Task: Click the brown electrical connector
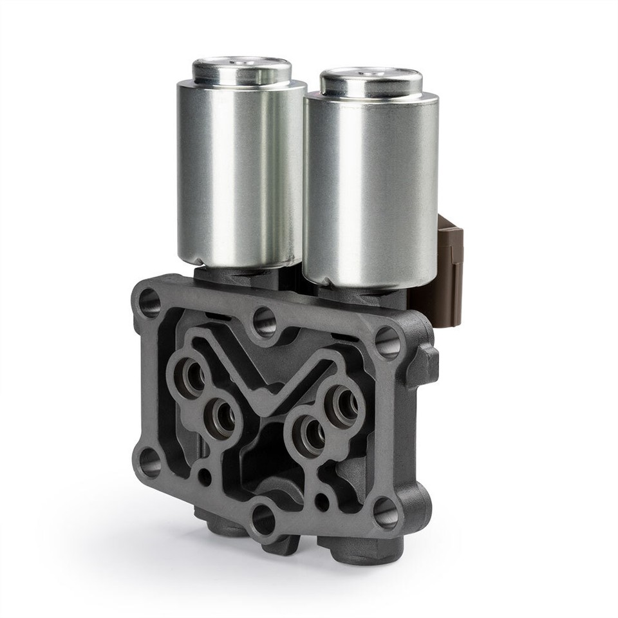pyautogui.click(x=450, y=257)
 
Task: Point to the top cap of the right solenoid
pyautogui.click(x=371, y=82)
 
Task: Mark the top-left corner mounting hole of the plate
pyautogui.click(x=149, y=303)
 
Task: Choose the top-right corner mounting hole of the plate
pyautogui.click(x=386, y=342)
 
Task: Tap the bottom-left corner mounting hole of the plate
pyautogui.click(x=150, y=462)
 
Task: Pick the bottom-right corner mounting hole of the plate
pyautogui.click(x=385, y=512)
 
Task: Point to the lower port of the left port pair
pyautogui.click(x=223, y=418)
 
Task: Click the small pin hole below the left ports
pyautogui.click(x=205, y=477)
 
